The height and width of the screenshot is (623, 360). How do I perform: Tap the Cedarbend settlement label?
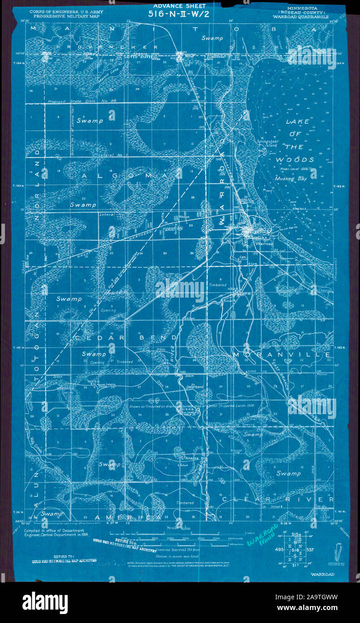[194, 386]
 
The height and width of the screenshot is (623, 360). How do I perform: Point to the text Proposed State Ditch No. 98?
[81, 102]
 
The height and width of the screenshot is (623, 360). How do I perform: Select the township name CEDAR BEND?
[126, 337]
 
